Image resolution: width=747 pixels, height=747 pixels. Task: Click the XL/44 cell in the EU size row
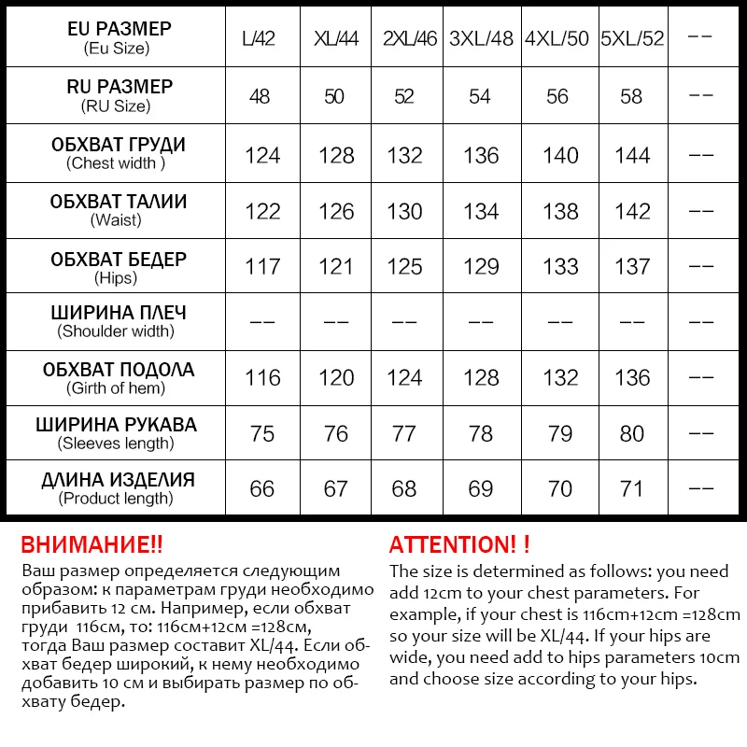pyautogui.click(x=336, y=40)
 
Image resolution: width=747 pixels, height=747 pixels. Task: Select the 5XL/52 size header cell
pyautogui.click(x=632, y=40)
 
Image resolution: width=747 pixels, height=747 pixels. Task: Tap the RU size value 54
pyautogui.click(x=481, y=97)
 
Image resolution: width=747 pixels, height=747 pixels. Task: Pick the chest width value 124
pyautogui.click(x=262, y=155)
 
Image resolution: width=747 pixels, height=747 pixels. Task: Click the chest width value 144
pyautogui.click(x=632, y=155)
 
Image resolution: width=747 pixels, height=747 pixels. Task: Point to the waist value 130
pyautogui.click(x=404, y=211)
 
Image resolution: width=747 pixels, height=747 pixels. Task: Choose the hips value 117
pyautogui.click(x=262, y=267)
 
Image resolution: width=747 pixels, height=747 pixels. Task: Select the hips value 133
pyautogui.click(x=560, y=267)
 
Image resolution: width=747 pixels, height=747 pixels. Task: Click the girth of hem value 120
pyautogui.click(x=336, y=378)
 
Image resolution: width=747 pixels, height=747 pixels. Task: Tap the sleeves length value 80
pyautogui.click(x=632, y=434)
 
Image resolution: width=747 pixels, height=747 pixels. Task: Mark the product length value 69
pyautogui.click(x=481, y=489)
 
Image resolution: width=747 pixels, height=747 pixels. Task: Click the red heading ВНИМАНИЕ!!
pyautogui.click(x=92, y=545)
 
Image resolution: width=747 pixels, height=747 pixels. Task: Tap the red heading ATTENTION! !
pyautogui.click(x=459, y=545)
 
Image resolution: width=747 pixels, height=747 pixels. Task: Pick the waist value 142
pyautogui.click(x=632, y=211)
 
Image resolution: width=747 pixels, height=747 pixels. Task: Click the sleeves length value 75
pyautogui.click(x=262, y=434)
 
